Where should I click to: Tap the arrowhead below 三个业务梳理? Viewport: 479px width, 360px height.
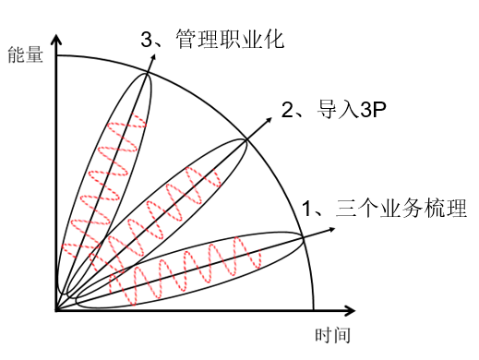click(329, 232)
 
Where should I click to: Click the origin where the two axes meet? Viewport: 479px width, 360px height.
click(56, 310)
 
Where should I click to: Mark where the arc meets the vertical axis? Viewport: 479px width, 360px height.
click(56, 55)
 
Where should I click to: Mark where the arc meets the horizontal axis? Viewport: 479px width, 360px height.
click(314, 310)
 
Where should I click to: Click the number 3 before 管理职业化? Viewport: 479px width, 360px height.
click(147, 40)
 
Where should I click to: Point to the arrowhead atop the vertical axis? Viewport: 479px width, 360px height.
click(56, 38)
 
